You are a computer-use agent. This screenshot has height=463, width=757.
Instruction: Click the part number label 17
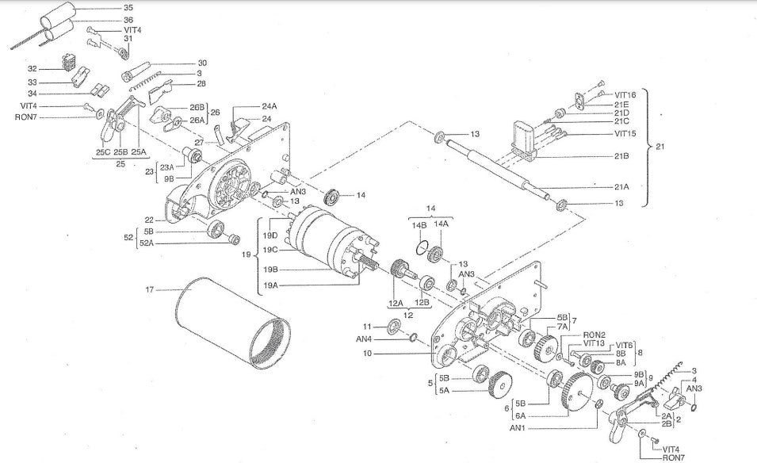pyautogui.click(x=149, y=289)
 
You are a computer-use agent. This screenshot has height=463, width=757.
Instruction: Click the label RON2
pyautogui.click(x=595, y=335)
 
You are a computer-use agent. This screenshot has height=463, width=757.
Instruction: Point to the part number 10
pyautogui.click(x=366, y=354)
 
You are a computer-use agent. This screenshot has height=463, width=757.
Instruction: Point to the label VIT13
pyautogui.click(x=594, y=343)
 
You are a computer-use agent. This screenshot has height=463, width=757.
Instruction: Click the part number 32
pyautogui.click(x=32, y=69)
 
